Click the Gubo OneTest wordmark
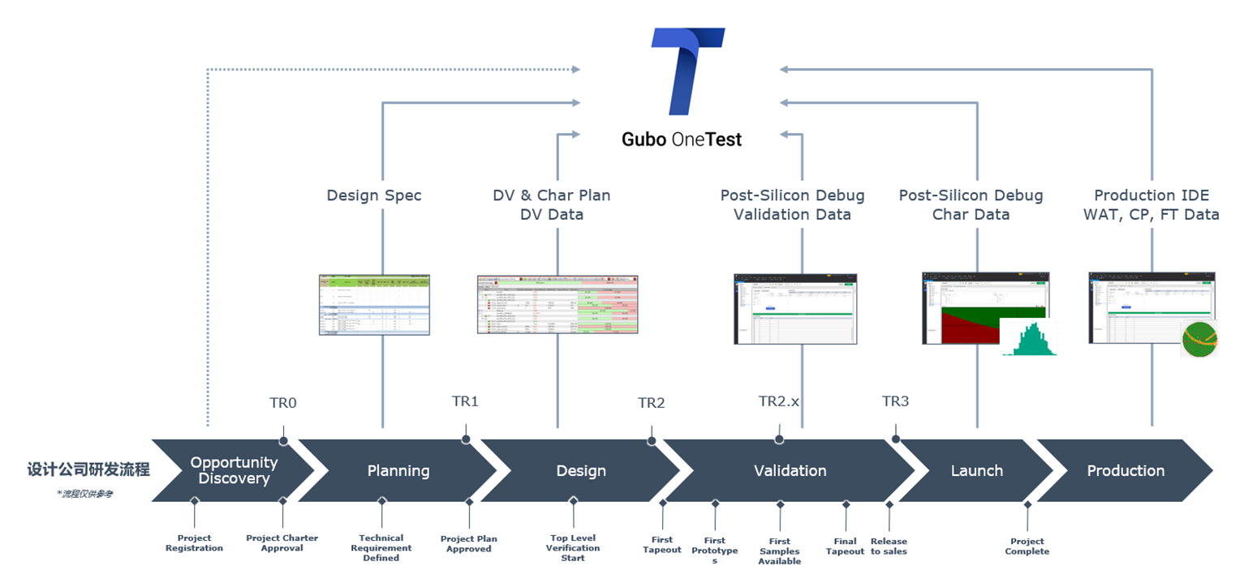[682, 139]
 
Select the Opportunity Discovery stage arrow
[233, 470]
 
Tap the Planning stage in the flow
[398, 470]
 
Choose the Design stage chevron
[581, 470]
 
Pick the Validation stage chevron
[790, 470]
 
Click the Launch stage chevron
[976, 470]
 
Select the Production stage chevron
[1125, 470]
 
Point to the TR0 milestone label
[283, 403]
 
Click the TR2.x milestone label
[779, 401]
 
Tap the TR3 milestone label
[895, 401]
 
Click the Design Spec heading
[374, 195]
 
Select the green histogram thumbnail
[1031, 339]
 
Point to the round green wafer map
[1199, 339]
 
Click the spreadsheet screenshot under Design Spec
[374, 305]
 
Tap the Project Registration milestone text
[194, 543]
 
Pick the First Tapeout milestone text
[661, 544]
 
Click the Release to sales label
[889, 546]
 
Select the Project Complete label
[1027, 546]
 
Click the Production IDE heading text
[1152, 195]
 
